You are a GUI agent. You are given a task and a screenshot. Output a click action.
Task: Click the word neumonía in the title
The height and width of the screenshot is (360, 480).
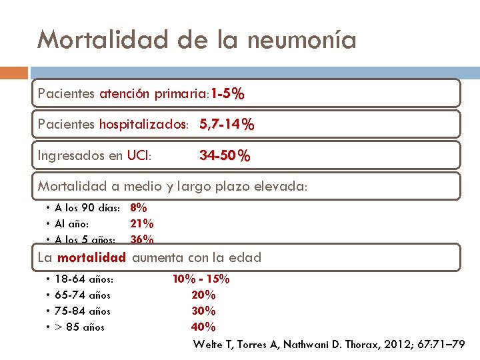(x=301, y=40)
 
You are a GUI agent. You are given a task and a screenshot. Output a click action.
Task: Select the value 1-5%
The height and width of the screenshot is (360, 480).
(x=228, y=94)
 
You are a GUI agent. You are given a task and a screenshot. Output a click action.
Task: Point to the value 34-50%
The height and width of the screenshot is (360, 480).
(x=225, y=157)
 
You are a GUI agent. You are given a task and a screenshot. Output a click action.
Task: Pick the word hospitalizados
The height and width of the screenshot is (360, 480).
(x=143, y=125)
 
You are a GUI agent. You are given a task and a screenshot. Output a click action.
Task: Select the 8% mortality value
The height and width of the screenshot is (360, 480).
(x=139, y=207)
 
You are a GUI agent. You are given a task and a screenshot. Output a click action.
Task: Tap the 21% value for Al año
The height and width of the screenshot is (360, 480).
(x=141, y=223)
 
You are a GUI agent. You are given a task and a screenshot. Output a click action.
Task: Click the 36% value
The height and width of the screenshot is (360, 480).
(x=141, y=239)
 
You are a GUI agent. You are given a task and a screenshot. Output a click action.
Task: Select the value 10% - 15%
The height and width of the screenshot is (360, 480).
(x=201, y=279)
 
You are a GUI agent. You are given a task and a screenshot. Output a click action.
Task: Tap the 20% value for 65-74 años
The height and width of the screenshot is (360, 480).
(x=203, y=295)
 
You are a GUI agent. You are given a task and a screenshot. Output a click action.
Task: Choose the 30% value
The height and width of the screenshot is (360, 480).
(x=203, y=311)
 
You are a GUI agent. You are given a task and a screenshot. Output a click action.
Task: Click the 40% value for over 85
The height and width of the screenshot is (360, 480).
(x=203, y=327)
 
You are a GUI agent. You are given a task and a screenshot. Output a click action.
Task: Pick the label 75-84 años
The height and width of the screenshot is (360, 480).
(x=83, y=311)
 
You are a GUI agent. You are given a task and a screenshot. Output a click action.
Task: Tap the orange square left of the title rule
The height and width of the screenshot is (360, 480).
(x=14, y=73)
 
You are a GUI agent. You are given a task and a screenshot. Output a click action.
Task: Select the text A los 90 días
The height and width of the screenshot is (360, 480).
(x=87, y=207)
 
